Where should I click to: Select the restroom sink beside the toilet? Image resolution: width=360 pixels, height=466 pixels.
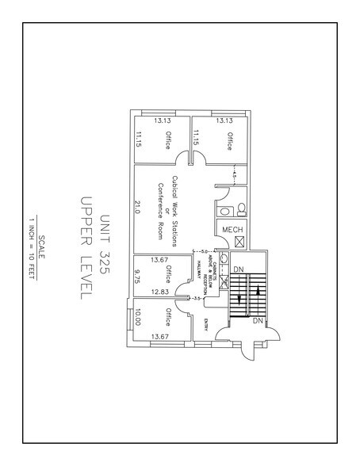[x=225, y=212]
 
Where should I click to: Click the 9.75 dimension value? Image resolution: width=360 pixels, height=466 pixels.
[x=137, y=275]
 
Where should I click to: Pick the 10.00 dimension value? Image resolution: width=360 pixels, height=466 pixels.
[x=137, y=319]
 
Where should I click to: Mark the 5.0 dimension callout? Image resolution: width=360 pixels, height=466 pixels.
[x=203, y=251]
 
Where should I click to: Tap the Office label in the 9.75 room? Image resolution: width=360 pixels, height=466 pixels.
[x=167, y=275]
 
